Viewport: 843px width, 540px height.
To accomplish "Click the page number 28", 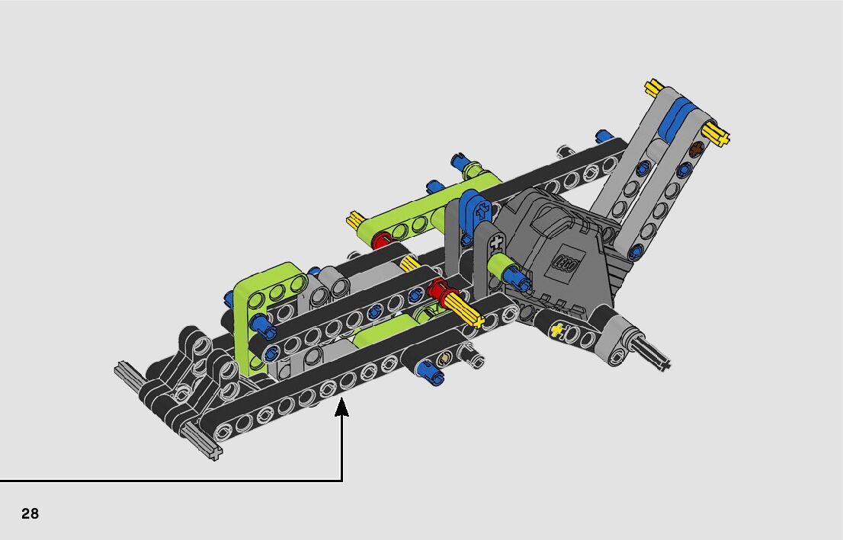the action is [x=30, y=513].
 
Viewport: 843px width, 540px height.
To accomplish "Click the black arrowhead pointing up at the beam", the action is [x=341, y=407].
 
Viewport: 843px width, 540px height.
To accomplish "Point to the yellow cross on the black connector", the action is [x=556, y=329].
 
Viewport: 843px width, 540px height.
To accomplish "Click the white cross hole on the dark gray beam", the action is [x=495, y=242].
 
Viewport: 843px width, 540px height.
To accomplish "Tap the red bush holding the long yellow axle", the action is [x=439, y=293].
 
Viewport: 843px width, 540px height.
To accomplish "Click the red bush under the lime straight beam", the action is [x=380, y=240].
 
